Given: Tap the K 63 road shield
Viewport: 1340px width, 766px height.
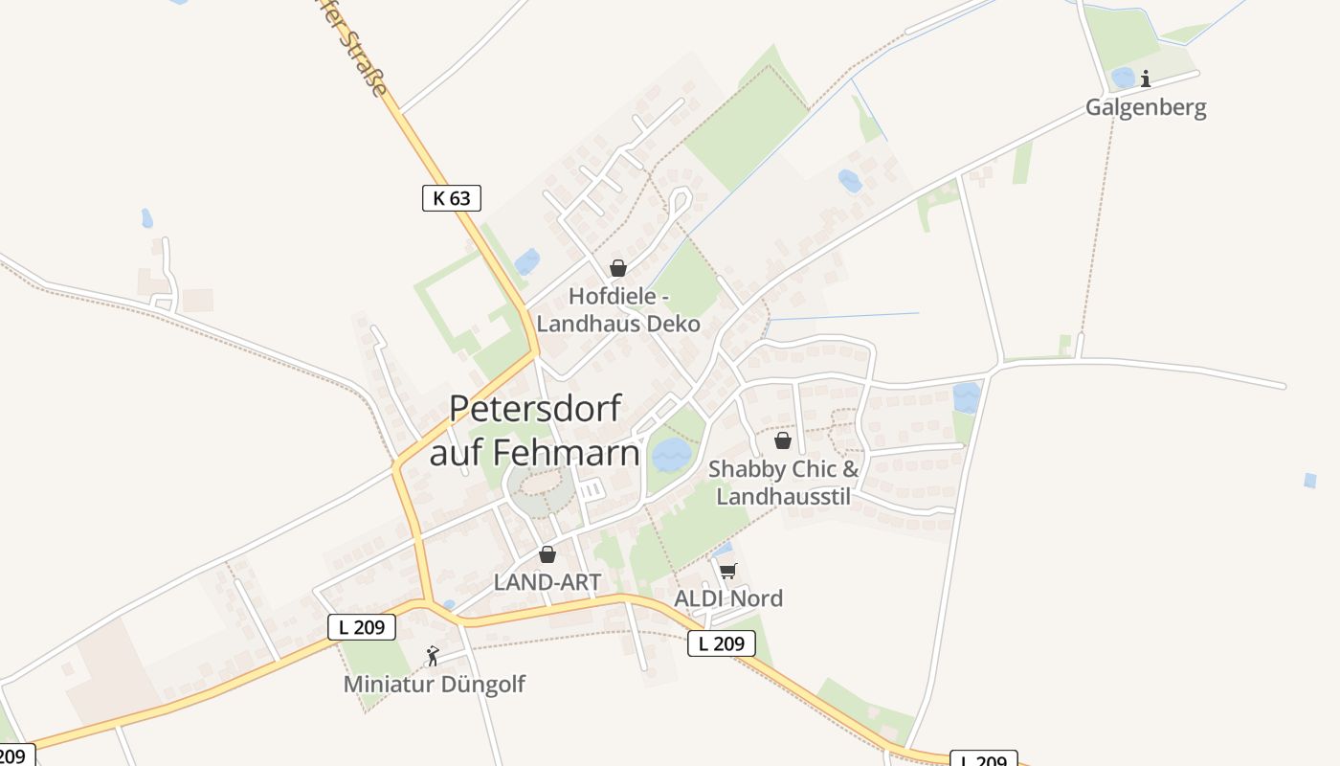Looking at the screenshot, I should point(451,198).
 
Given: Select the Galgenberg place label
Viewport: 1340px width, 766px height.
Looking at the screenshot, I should point(1146,107).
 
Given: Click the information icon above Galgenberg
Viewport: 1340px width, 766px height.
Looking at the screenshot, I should point(1146,79).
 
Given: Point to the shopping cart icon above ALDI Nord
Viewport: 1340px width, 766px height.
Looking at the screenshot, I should point(727,572).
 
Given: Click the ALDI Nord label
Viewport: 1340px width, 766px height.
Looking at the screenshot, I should point(728,598).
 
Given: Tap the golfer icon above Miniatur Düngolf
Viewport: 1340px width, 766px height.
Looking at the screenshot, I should point(433,656).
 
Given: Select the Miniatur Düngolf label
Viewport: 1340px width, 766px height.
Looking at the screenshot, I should point(435,684).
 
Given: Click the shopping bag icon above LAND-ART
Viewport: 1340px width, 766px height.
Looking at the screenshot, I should point(547,554).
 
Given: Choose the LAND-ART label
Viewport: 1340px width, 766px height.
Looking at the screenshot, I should point(547,581).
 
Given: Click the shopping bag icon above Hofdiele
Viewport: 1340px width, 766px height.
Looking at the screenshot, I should point(618,268).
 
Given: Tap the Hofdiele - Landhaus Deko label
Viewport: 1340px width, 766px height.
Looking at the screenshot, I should point(618,309).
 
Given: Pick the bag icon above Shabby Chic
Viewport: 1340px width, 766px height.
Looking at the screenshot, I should point(783,440).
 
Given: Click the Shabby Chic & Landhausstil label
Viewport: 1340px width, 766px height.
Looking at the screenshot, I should point(784,483).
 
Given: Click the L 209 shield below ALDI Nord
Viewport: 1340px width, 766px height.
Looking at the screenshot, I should point(722,643).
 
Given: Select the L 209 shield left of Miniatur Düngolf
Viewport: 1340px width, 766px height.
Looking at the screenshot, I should point(362,627).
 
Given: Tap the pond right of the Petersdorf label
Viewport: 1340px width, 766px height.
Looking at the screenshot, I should point(671,454).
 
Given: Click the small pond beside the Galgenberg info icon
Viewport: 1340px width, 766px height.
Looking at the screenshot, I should point(1123,78).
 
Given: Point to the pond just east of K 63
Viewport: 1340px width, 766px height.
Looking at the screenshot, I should point(526,261).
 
